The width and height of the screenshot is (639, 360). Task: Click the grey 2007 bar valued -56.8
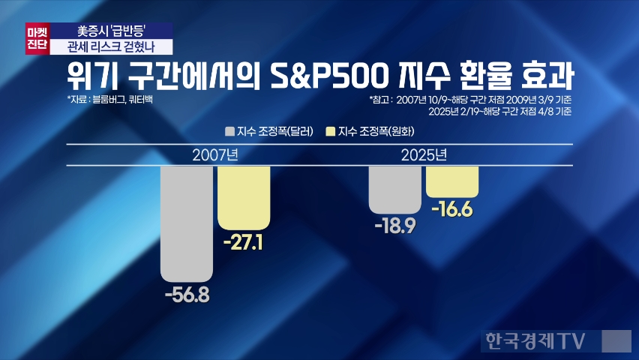pos(187,223)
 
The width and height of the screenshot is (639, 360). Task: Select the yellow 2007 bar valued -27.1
pos(244,197)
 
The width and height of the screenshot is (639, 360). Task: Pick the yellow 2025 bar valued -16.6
pos(452,181)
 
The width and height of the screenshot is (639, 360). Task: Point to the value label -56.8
pos(187,295)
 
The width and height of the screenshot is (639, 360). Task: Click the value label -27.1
pos(244,243)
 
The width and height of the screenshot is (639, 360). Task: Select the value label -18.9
pos(395,226)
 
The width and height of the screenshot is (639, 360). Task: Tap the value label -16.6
pos(452,211)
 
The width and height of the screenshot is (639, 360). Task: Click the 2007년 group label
pos(215,156)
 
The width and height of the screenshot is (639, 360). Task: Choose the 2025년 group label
pos(424,156)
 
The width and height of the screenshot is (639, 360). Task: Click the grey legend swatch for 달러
pos(229,132)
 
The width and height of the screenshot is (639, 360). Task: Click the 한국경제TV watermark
pos(534,341)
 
